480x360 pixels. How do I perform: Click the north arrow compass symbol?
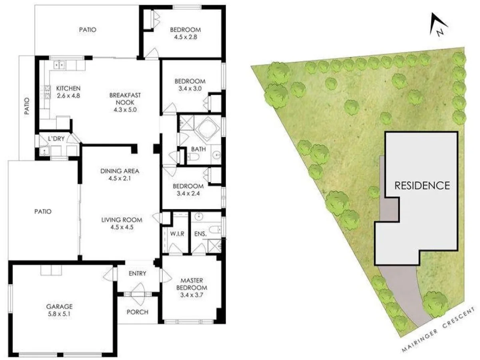[x=436, y=25]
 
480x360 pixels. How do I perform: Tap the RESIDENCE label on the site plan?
[x=422, y=186]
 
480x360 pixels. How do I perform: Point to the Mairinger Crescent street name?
[x=439, y=330]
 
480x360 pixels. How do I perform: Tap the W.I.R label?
[x=176, y=234]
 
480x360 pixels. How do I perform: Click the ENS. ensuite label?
[x=199, y=234]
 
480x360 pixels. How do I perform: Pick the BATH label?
[x=198, y=149]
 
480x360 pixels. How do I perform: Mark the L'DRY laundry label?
[x=56, y=139]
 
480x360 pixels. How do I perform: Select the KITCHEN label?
[x=68, y=88]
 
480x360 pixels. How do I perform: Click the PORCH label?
[x=138, y=312]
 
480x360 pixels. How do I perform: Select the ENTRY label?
[x=137, y=274]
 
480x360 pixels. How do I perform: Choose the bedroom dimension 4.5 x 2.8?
[x=185, y=37]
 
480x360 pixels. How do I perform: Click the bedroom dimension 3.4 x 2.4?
[x=188, y=194]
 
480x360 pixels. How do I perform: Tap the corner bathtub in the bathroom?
[x=208, y=129]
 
